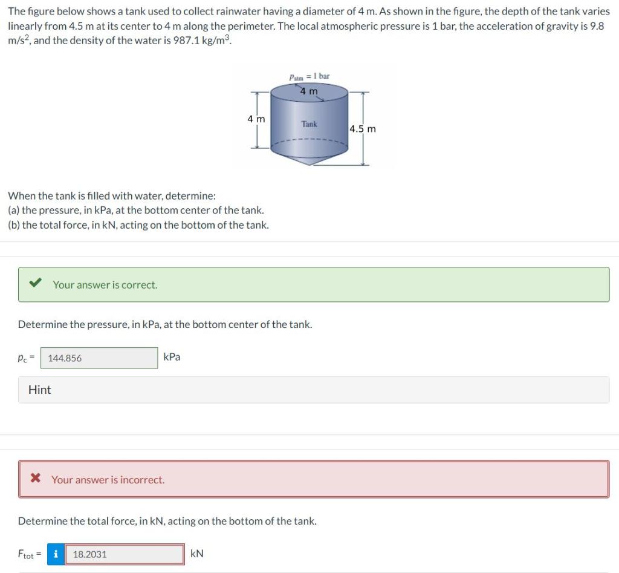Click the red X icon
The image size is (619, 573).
[36, 479]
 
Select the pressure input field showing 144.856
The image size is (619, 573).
[99, 358]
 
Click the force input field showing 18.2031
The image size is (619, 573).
[124, 554]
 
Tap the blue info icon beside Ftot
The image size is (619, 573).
[56, 554]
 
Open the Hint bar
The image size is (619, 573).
[40, 390]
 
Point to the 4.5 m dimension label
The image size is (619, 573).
[363, 129]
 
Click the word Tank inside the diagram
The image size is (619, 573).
[309, 124]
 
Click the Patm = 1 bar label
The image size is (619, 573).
[309, 77]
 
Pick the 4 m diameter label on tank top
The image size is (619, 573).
[309, 91]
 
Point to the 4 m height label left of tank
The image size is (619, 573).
[256, 119]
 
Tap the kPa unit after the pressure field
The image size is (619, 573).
[172, 357]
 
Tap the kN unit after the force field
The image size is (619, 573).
[197, 554]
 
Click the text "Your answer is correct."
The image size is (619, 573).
[105, 284]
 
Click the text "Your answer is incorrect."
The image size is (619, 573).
[108, 480]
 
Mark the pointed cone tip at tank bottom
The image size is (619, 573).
[309, 164]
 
